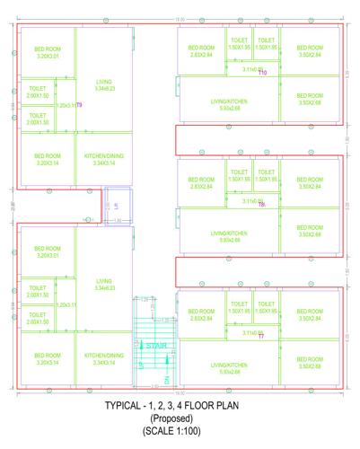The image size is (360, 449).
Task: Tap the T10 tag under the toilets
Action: coord(263,72)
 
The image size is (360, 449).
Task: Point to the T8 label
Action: coord(262,204)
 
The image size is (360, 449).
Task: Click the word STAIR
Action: coord(156,345)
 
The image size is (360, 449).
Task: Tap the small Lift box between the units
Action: coord(117,205)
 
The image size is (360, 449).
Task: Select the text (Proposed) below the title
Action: coord(180,419)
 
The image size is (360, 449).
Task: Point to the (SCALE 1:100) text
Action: coord(180,432)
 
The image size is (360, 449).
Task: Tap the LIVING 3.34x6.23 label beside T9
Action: coord(104,85)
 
